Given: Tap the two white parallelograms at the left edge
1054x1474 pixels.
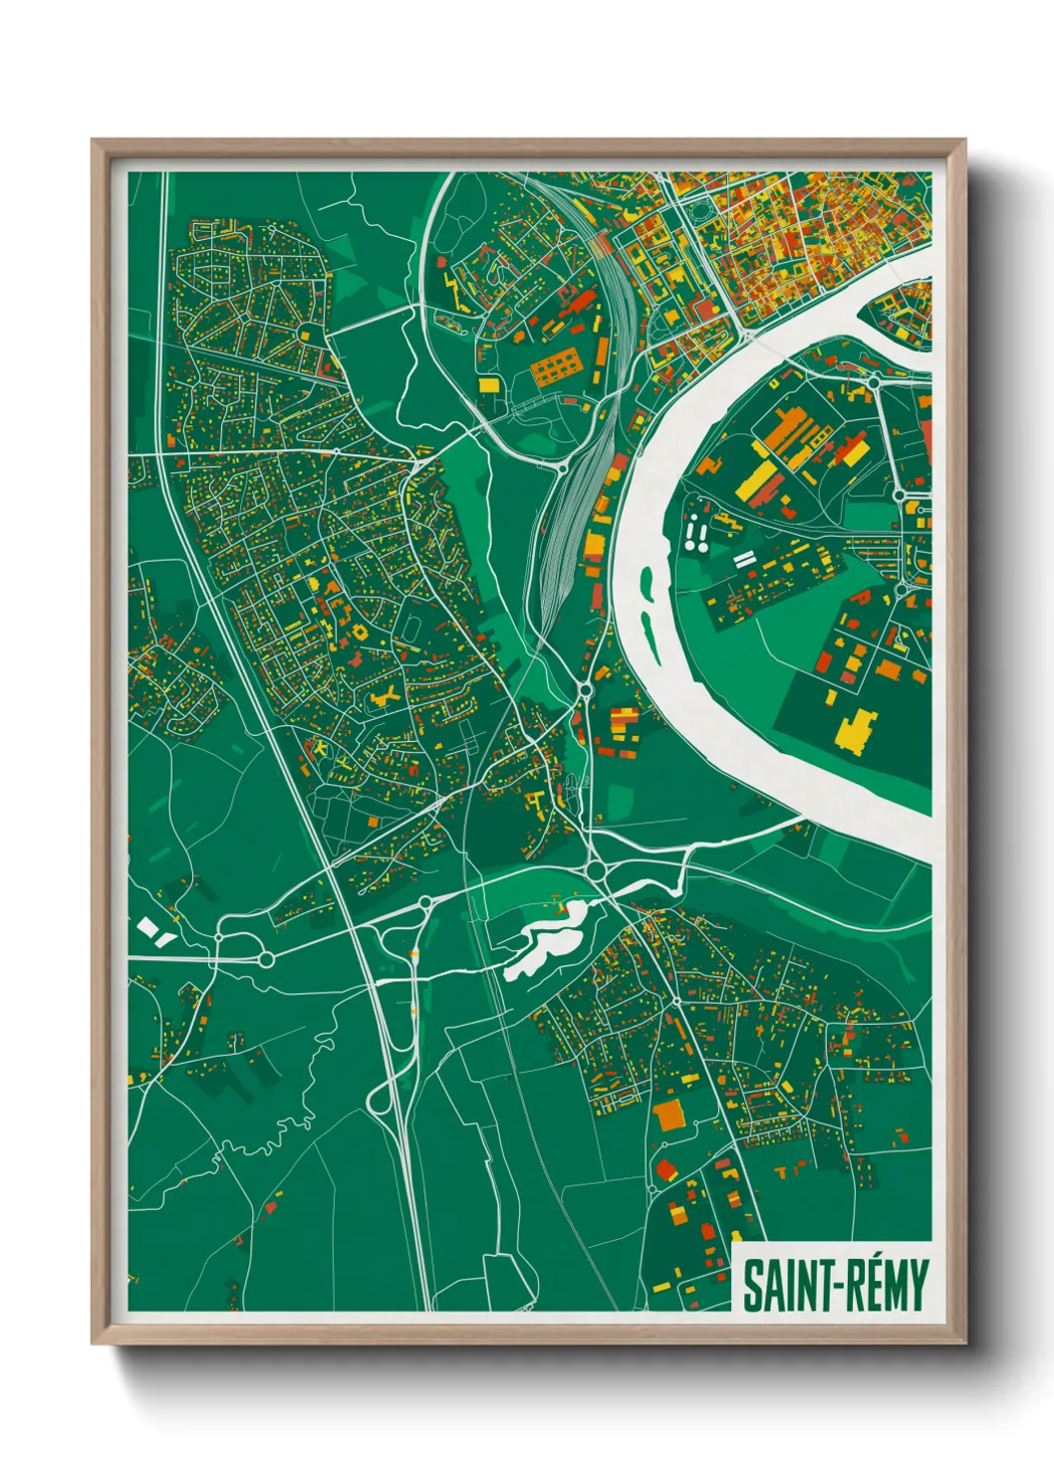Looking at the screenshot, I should click(x=154, y=931).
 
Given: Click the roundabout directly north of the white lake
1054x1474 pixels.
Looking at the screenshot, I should click(x=597, y=871).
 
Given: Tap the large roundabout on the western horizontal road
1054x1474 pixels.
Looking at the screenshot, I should click(x=266, y=959).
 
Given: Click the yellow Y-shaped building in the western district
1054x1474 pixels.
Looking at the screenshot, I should click(x=385, y=696).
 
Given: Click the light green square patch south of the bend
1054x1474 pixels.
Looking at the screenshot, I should click(x=619, y=800).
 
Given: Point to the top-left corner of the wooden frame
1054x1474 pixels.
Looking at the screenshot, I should click(x=95, y=142).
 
